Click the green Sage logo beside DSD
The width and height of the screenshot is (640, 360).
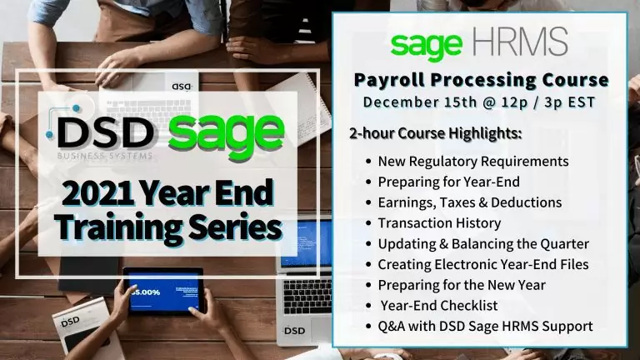(226, 132)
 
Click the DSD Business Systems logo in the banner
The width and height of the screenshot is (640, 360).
(105, 136)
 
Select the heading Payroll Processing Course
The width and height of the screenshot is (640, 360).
(481, 81)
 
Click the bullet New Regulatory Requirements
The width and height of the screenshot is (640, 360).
(473, 161)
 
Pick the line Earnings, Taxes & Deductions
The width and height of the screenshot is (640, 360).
(469, 202)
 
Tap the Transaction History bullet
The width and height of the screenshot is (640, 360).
(439, 222)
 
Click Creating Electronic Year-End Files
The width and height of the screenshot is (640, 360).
(482, 264)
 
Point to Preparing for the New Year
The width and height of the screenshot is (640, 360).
(462, 285)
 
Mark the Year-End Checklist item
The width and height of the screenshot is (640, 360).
(441, 305)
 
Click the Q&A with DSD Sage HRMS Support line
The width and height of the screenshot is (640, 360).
(485, 326)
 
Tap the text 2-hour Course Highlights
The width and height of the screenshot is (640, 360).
(437, 133)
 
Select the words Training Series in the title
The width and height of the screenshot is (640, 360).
(157, 226)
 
